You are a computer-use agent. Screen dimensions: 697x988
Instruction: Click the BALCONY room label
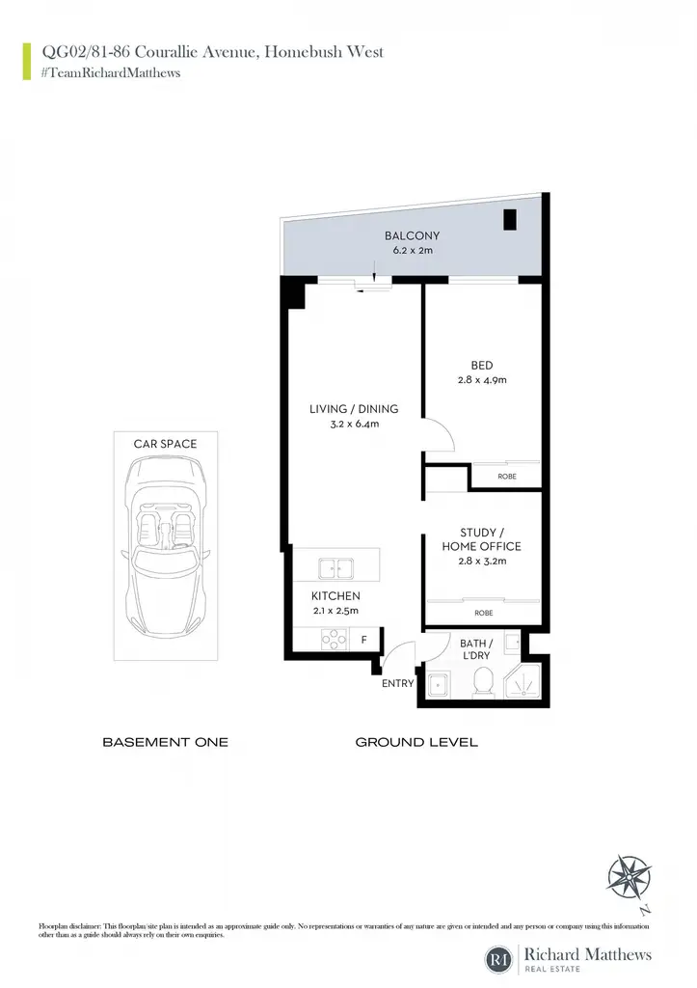pyautogui.click(x=412, y=235)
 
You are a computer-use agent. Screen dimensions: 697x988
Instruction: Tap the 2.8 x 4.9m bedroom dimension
pyautogui.click(x=482, y=380)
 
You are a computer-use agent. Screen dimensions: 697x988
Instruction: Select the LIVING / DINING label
pyautogui.click(x=354, y=409)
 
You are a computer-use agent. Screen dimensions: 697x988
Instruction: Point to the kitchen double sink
pyautogui.click(x=335, y=568)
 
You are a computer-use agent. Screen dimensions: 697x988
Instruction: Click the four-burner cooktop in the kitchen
pyautogui.click(x=334, y=640)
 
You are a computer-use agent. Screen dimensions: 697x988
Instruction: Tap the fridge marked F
pyautogui.click(x=364, y=640)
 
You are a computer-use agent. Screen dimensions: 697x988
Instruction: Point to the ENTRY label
pyautogui.click(x=398, y=683)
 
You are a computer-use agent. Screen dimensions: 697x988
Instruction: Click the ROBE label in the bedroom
pyautogui.click(x=507, y=477)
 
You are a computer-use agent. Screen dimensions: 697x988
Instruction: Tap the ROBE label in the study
pyautogui.click(x=484, y=613)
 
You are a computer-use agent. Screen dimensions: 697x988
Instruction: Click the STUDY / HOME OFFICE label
pyautogui.click(x=482, y=539)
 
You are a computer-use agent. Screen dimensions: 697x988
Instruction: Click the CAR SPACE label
pyautogui.click(x=165, y=444)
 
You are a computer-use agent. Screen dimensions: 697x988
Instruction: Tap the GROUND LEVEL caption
pyautogui.click(x=416, y=742)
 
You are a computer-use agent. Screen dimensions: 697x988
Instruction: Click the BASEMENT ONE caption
pyautogui.click(x=165, y=742)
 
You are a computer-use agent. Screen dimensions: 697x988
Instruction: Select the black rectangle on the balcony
pyautogui.click(x=510, y=219)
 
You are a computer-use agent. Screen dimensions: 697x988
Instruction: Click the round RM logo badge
pyautogui.click(x=498, y=960)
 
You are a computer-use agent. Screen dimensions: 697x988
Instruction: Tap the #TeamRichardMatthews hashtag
pyautogui.click(x=111, y=73)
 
